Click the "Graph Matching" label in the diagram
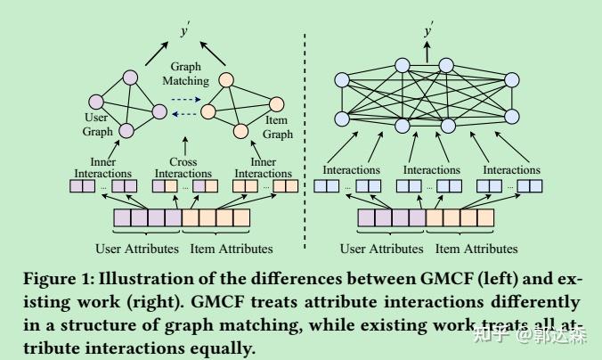186,73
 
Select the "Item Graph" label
279,127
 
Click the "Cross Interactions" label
183,168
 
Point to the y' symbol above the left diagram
185,31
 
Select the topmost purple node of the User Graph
131,77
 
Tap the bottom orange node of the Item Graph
240,132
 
